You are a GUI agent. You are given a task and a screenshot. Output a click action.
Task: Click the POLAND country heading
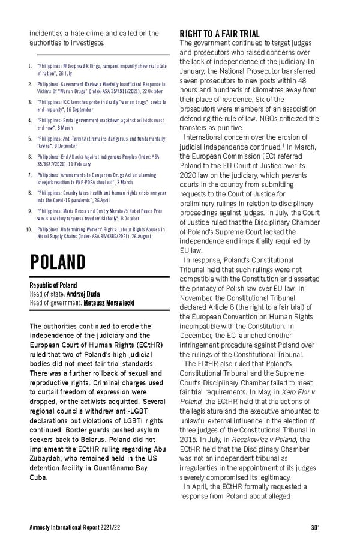point(57,263)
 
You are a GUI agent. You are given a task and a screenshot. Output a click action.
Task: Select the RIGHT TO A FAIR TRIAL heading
point(220,34)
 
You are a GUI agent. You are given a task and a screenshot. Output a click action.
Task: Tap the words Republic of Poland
point(53,285)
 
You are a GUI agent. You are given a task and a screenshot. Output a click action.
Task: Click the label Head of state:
point(46,294)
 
